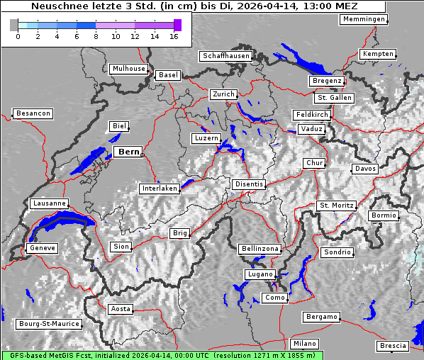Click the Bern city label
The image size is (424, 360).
tap(128, 152)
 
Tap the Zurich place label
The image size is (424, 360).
tap(223, 94)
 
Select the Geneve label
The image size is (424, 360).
tap(41, 248)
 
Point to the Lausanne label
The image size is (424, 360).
tap(50, 203)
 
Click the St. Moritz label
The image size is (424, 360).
tap(336, 206)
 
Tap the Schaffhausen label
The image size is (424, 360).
tap(226, 55)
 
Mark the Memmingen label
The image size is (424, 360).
tap(364, 19)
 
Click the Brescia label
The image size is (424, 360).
tap(393, 346)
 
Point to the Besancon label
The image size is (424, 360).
tap(33, 113)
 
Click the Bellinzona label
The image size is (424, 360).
tap(260, 249)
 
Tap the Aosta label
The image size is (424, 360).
tap(121, 309)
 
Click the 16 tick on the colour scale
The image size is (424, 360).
tap(173, 35)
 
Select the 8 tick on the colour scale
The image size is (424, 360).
tap(96, 35)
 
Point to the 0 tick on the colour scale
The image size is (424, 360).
tap(18, 35)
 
